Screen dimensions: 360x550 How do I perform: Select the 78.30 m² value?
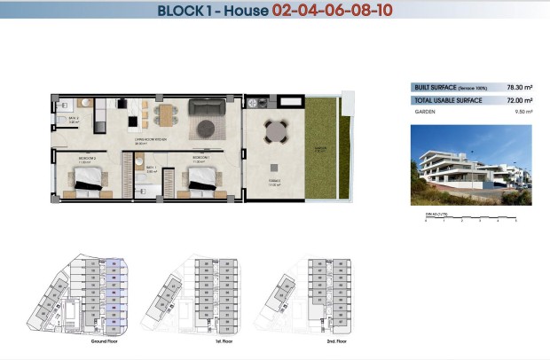coord(519,88)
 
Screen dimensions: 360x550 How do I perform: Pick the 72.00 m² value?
coord(519,101)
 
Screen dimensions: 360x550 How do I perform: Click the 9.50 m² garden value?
coord(522,113)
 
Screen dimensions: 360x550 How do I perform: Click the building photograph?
coord(471,166)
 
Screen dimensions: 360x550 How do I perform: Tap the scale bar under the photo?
coord(471,217)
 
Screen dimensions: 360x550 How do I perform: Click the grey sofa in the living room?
coord(208,108)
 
